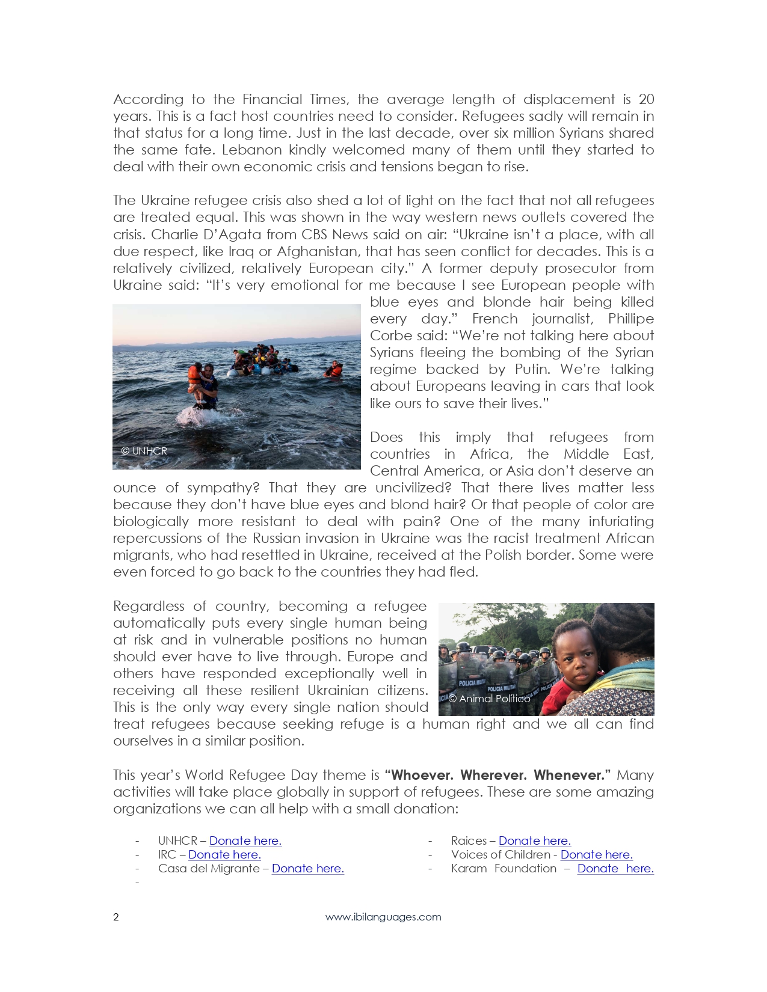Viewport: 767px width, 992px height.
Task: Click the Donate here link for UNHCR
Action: (x=245, y=840)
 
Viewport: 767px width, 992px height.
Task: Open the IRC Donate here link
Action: (x=224, y=854)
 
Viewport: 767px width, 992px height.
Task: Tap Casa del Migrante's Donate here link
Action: (x=307, y=868)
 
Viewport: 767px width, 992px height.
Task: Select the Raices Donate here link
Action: (x=534, y=840)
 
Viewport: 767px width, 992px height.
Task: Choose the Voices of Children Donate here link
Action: (x=596, y=854)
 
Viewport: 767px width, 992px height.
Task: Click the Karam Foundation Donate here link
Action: (x=615, y=868)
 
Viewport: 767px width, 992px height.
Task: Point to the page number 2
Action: (x=116, y=917)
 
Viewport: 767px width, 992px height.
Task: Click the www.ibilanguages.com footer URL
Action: (x=383, y=917)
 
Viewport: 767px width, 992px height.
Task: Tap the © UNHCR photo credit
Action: (x=144, y=451)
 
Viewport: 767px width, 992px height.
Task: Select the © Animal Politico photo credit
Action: (x=489, y=699)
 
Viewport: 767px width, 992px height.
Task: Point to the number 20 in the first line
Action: (x=646, y=99)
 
